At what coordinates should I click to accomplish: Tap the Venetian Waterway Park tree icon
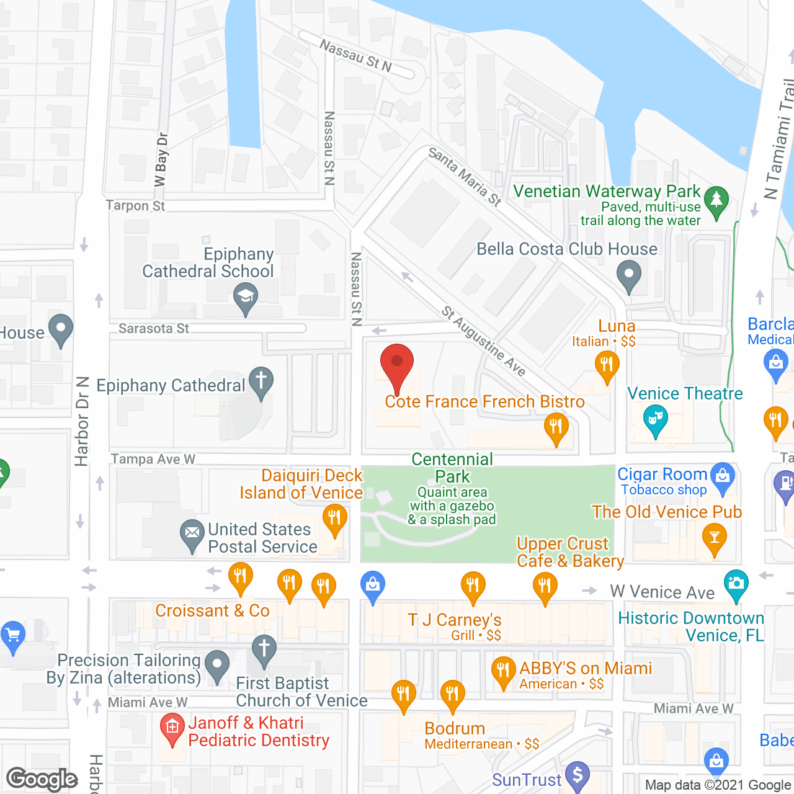716,200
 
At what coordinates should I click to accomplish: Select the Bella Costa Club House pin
629,274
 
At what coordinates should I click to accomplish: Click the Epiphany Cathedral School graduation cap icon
246,297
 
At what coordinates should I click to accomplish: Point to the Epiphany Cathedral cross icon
261,380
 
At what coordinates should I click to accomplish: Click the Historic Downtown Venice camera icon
736,584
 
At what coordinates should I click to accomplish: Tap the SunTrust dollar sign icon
578,775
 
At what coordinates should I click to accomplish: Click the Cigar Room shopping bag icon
723,476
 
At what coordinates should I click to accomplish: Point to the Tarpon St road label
135,205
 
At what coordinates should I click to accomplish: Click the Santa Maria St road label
465,176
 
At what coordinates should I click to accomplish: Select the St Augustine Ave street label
484,341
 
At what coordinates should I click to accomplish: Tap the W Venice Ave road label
662,592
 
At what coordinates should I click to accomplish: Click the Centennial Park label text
452,468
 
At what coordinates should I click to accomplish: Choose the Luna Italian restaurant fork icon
607,365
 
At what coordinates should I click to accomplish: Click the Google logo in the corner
42,779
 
